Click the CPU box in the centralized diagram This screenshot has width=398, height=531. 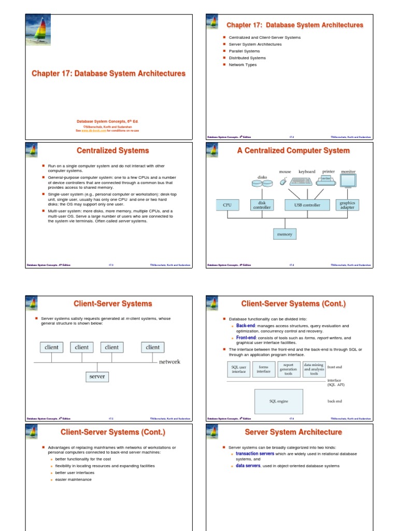coord(227,205)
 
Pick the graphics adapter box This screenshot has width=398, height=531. coord(347,205)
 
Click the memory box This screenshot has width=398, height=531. coord(285,234)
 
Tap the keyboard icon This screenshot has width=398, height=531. coord(302,181)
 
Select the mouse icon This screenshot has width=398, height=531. coord(283,182)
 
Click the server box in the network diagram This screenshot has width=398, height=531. coord(97,376)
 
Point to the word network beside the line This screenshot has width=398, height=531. coord(169,361)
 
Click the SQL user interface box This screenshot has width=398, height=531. coord(239,369)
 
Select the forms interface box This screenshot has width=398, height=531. coord(264,369)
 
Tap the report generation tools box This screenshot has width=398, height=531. coord(289,369)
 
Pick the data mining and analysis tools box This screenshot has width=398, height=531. coord(314,369)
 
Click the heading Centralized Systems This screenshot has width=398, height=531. coord(112,150)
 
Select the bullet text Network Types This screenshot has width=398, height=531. coord(243,65)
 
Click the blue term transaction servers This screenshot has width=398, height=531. coord(255,454)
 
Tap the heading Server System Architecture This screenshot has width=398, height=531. coord(293,432)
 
